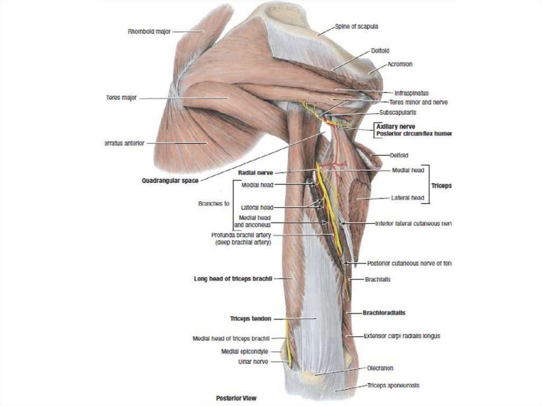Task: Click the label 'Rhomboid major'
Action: point(149,31)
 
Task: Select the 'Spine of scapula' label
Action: point(356,26)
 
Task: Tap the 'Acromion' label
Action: point(400,64)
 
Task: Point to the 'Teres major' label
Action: point(121,98)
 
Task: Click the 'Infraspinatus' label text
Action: point(411,92)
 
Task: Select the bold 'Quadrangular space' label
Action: point(170,181)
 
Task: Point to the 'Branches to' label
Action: point(213,203)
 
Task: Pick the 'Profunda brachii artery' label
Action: point(241,235)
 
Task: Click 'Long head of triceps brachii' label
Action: point(233,278)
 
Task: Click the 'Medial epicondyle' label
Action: point(245,351)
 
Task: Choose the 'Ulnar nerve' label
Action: point(253,362)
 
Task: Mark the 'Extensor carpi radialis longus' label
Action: point(402,336)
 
